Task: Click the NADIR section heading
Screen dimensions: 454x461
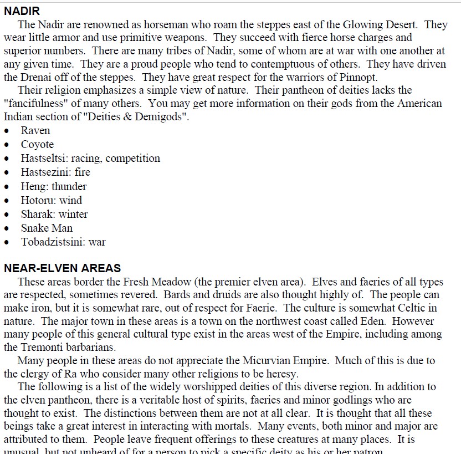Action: (22, 11)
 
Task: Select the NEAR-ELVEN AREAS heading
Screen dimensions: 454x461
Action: (62, 269)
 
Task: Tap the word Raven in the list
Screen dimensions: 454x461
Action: (35, 131)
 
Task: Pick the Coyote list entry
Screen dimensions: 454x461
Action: (37, 145)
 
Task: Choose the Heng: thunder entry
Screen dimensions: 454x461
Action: (54, 186)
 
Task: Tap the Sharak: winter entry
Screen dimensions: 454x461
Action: (54, 214)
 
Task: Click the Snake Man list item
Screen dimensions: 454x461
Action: (47, 228)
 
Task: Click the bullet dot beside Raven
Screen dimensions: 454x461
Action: (7, 131)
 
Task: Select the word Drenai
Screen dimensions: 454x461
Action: (38, 78)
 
